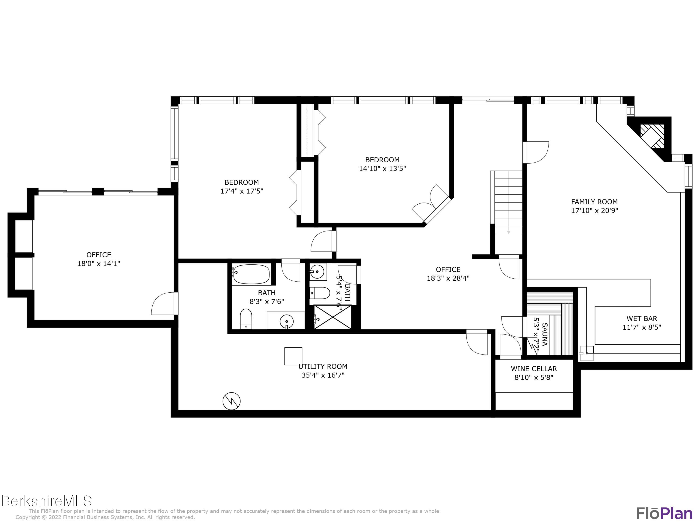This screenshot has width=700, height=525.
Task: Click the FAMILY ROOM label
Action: click(594, 202)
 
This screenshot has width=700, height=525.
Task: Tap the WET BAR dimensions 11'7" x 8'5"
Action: click(642, 327)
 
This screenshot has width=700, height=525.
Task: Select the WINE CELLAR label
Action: click(534, 369)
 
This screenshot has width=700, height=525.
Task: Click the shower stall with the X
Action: click(332, 317)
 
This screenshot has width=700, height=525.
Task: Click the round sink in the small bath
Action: click(317, 272)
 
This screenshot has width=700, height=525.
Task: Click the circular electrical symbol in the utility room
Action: click(231, 401)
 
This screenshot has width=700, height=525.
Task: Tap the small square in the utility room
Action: click(293, 356)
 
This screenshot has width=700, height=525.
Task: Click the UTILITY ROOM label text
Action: click(323, 367)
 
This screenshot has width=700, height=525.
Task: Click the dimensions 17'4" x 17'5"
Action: click(242, 191)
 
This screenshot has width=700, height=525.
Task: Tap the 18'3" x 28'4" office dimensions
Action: click(448, 278)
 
